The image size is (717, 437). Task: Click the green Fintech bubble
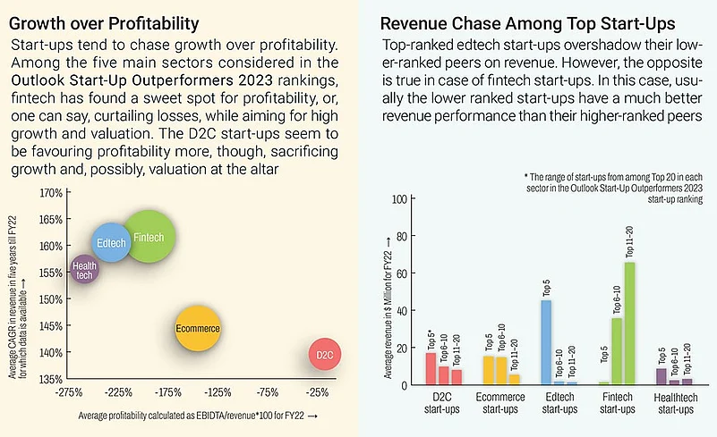[x=149, y=237]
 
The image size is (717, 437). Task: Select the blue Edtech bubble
[x=111, y=243]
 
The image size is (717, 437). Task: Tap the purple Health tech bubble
[x=84, y=269]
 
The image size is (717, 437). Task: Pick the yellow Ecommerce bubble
[x=198, y=329]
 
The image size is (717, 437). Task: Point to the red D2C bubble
[x=323, y=355]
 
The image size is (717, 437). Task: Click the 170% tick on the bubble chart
[x=50, y=193]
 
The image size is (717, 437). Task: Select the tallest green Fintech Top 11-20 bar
[x=629, y=323]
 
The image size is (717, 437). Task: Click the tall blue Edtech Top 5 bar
[x=546, y=341]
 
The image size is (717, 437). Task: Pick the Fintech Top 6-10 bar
[x=617, y=351]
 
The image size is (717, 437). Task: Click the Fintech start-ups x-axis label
[x=616, y=403]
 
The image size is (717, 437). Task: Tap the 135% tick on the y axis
[x=50, y=379]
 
